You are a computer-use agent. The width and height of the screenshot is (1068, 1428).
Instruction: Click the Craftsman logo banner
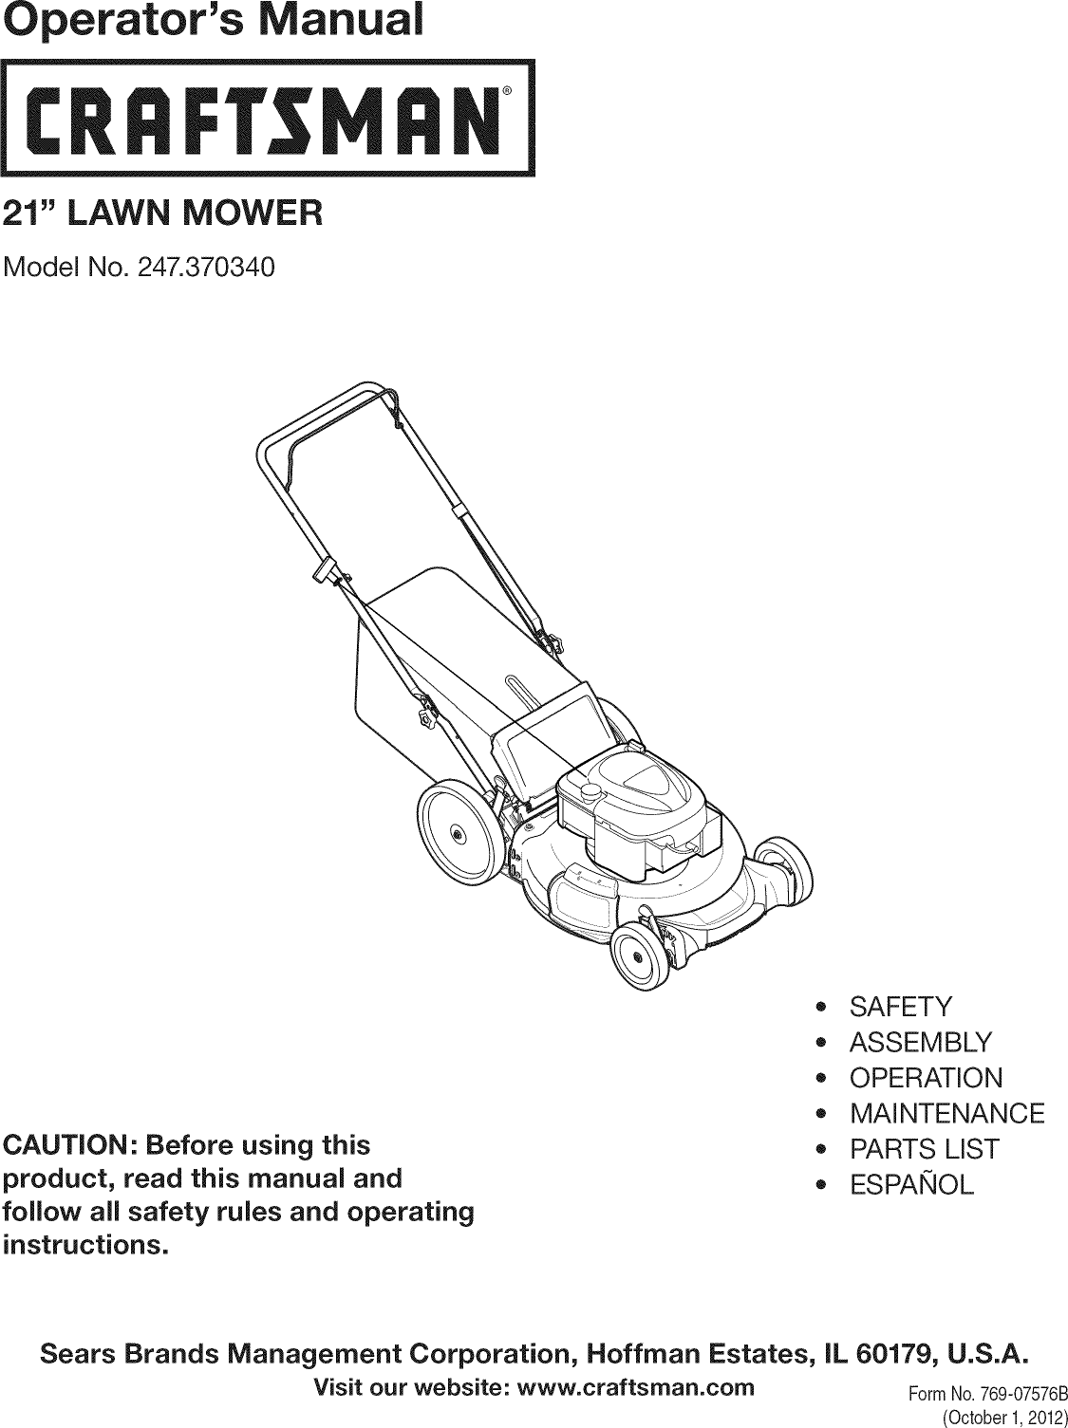tap(267, 118)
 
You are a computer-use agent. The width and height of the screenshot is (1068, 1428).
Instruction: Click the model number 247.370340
tap(206, 269)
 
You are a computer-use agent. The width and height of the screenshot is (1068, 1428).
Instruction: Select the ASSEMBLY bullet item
tap(920, 1043)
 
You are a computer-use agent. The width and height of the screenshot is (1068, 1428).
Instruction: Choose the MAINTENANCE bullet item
tap(946, 1114)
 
